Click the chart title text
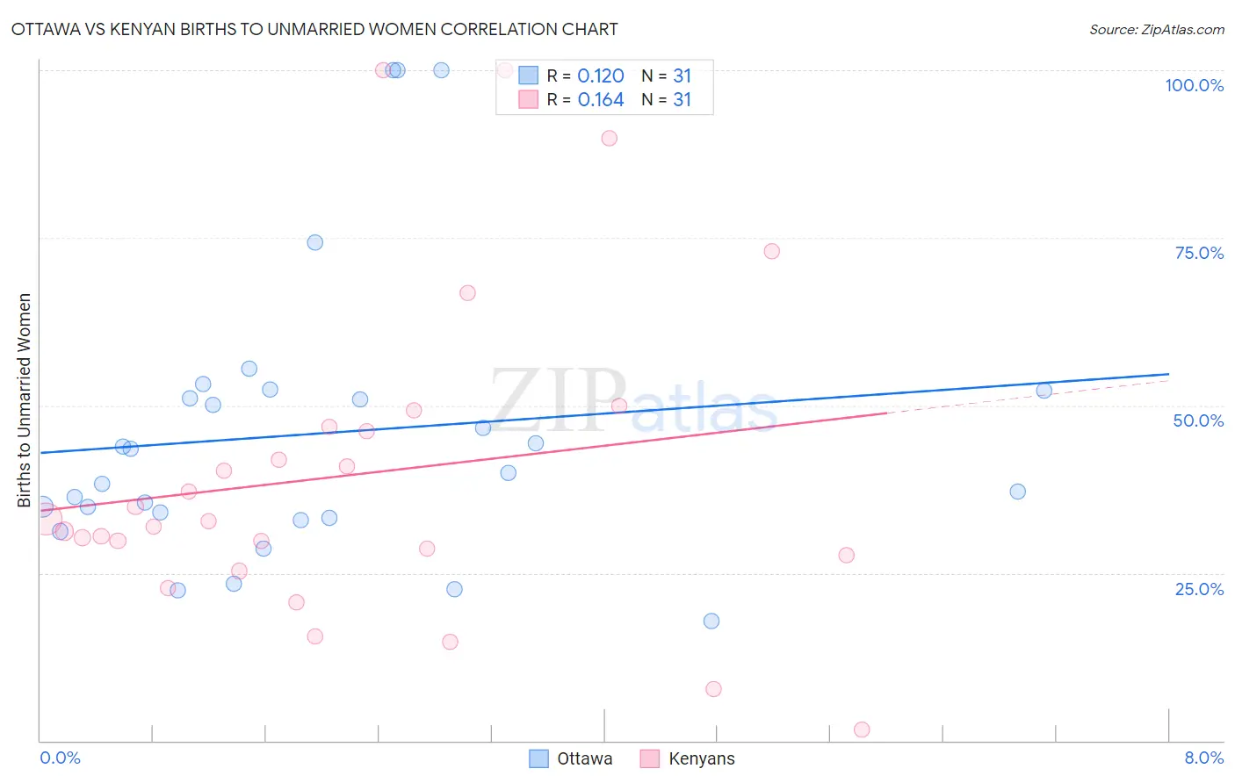314,29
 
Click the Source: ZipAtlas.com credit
1156,29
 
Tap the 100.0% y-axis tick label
1194,85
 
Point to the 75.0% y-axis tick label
1199,253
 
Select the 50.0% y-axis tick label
1198,420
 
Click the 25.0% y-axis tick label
1199,588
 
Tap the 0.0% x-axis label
60,758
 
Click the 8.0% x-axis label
1203,758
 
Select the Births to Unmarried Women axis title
24,400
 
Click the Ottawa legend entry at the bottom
572,758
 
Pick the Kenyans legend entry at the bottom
688,758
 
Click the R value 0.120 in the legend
601,76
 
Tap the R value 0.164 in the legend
601,100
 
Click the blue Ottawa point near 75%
315,242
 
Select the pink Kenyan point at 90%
610,138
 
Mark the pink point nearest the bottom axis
862,730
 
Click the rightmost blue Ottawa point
1044,391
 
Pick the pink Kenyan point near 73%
772,251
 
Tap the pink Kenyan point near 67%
467,293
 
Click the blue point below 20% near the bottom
711,621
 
